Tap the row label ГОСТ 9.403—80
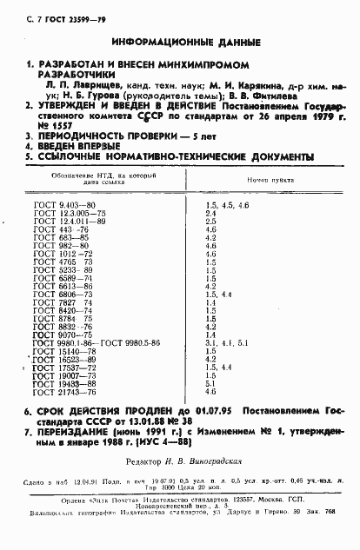pyautogui.click(x=58, y=228)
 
